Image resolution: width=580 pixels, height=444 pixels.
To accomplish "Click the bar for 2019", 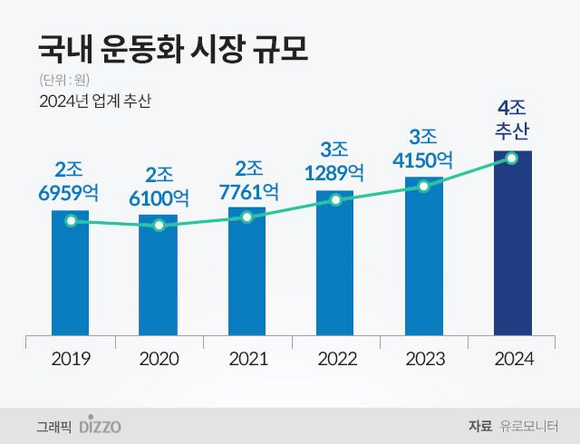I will [x=70, y=276].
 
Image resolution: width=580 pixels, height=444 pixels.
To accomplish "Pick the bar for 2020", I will [x=159, y=281].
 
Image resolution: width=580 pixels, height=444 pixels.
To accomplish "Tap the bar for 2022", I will [x=335, y=263].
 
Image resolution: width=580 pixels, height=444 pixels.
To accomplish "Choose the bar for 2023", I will [x=424, y=258].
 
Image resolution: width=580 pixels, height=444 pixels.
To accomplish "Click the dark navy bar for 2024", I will [x=512, y=245].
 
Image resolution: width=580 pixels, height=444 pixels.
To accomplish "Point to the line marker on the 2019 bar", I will [x=71, y=220].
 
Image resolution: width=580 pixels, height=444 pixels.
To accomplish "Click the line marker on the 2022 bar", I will [x=335, y=199].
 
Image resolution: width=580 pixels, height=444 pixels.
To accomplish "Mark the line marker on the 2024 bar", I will [x=512, y=159].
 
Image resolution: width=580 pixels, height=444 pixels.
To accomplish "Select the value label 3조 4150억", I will [x=424, y=149].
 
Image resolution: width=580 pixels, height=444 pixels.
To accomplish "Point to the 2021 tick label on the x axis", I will [x=247, y=359].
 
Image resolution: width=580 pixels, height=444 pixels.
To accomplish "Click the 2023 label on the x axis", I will [x=424, y=359].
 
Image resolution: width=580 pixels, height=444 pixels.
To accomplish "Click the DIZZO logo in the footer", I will [x=100, y=424].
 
